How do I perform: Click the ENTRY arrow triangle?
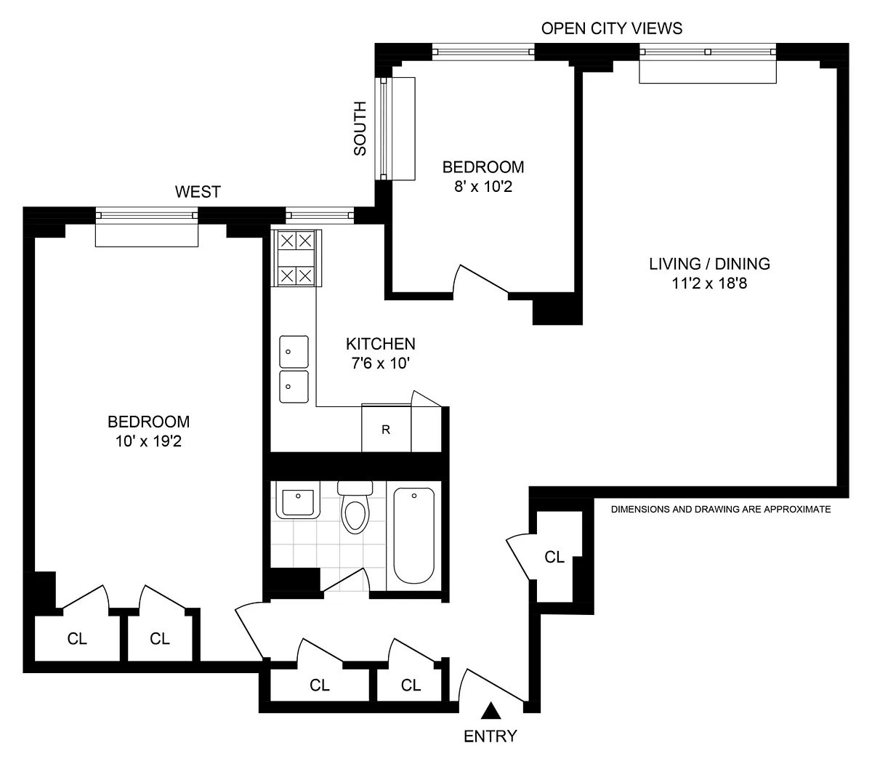pos(490,711)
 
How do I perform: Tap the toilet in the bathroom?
pos(355,507)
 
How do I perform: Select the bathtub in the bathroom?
pos(414,536)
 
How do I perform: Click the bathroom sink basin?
pos(297,499)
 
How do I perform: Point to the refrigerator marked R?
pos(386,427)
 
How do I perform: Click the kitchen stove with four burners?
pos(296,258)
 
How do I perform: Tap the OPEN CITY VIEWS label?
pos(612,28)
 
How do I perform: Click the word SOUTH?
pos(360,129)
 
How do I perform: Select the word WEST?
pos(198,192)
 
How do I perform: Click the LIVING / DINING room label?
pos(710,264)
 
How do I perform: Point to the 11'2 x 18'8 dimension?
pos(710,284)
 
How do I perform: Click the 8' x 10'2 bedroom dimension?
pos(483,187)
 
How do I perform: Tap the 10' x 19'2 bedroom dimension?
pos(148,441)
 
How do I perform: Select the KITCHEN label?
pos(381,344)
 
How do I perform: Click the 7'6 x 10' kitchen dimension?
pos(381,363)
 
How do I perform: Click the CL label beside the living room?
pos(554,557)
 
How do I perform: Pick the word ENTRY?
pos(490,736)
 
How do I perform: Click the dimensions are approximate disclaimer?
pos(721,509)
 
